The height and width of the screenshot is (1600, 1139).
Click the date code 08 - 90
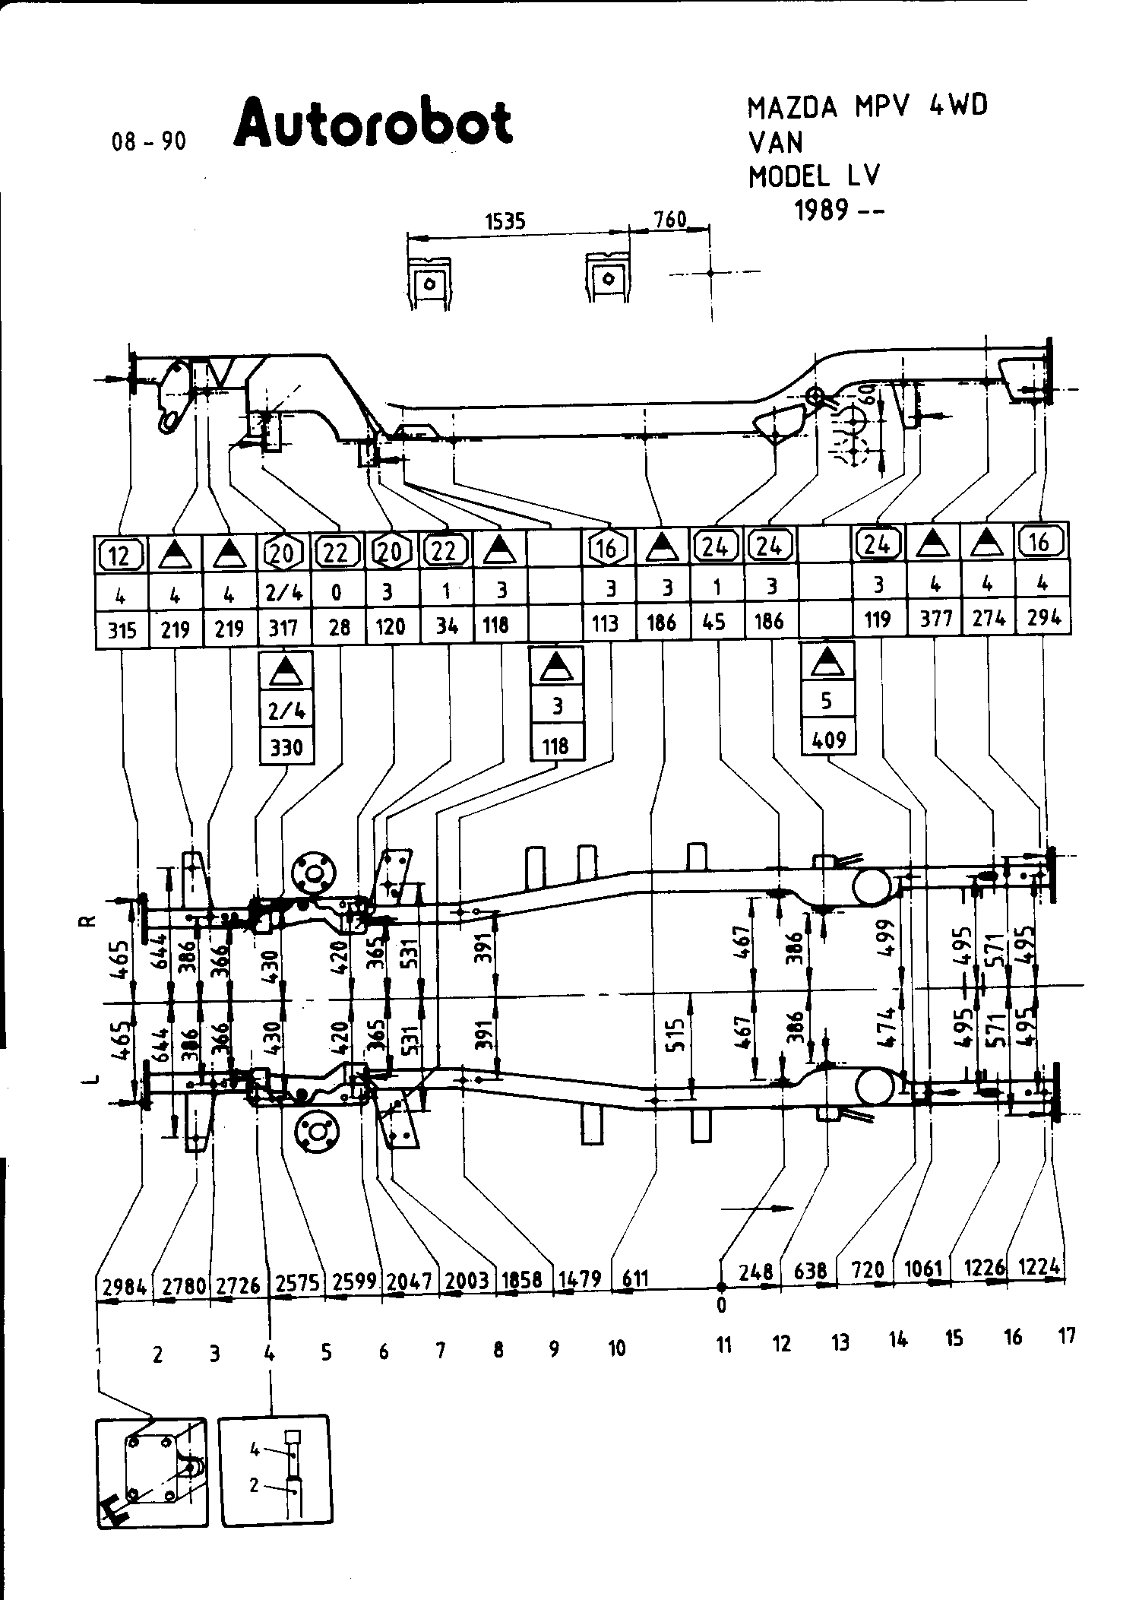[148, 141]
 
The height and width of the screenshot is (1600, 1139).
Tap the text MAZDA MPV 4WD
[868, 107]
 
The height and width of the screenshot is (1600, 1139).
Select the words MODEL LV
[814, 177]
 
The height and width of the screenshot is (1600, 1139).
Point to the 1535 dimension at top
[505, 221]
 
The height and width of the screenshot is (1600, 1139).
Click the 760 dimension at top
[669, 220]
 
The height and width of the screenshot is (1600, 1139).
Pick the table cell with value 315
[122, 630]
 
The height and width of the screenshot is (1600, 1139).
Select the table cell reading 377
[935, 619]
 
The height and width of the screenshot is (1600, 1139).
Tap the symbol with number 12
[121, 556]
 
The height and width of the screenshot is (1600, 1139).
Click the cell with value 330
[286, 747]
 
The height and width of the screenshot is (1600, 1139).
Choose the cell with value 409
[828, 739]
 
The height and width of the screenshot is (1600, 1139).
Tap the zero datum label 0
[721, 1305]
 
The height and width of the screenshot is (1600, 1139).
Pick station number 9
[554, 1348]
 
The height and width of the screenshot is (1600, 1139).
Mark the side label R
[88, 921]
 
